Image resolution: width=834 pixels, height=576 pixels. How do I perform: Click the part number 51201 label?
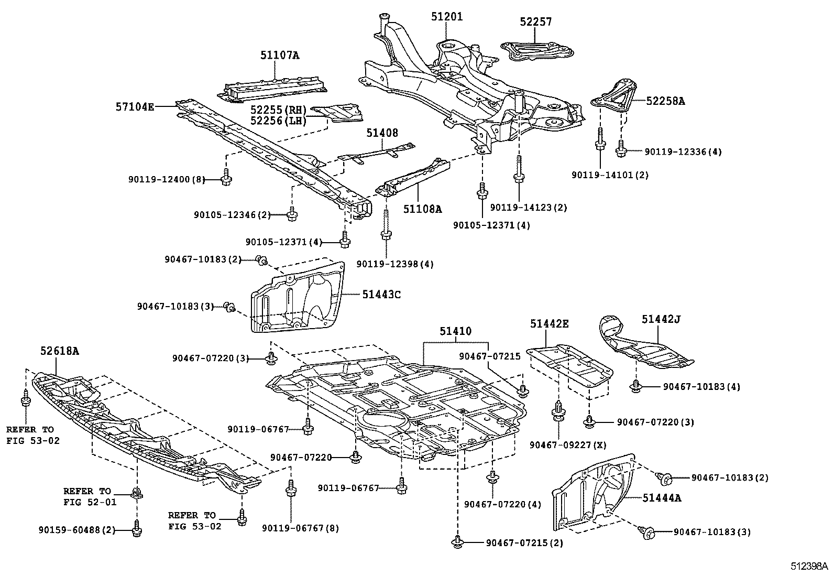point(447,17)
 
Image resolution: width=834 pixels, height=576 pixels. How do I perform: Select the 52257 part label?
point(535,22)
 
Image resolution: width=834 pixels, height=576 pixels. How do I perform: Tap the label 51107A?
point(280,55)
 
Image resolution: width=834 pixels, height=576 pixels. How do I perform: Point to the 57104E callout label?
point(135,107)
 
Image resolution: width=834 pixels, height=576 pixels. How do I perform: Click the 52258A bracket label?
point(665,101)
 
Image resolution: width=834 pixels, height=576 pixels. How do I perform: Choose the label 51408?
point(382,133)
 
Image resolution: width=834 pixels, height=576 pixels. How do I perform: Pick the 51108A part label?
point(422,209)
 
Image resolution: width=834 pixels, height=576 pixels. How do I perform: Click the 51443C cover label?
point(381,295)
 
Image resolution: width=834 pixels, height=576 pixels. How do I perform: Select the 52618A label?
point(60,351)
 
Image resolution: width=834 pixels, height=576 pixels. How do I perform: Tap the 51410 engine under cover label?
point(455,331)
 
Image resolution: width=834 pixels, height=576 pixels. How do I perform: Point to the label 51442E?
point(548,324)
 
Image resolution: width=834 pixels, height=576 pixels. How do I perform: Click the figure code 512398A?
point(809,566)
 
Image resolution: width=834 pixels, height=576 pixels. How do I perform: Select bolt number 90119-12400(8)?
point(166,179)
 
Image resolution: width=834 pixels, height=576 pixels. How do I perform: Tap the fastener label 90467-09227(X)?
point(567,444)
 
